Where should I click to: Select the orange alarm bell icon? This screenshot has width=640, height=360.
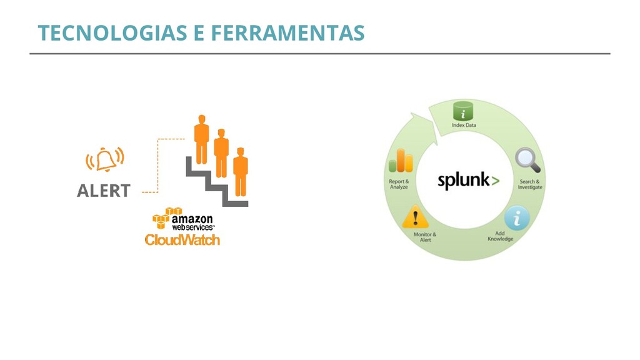point(105,160)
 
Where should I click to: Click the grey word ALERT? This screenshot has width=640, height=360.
point(104,191)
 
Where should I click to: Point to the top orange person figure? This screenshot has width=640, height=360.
point(201,139)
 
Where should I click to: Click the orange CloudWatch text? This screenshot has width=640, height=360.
point(182,240)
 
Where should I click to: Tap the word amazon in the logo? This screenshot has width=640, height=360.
point(192,219)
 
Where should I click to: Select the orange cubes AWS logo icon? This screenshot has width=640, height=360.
point(161,217)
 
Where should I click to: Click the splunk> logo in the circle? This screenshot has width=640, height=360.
point(468,181)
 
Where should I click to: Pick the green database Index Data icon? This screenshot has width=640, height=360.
point(463,111)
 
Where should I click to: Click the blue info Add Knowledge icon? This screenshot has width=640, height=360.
point(516,218)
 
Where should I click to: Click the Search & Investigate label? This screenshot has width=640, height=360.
point(530,184)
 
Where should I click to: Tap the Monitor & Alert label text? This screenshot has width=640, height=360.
point(425,237)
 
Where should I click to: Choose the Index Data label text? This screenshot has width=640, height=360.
point(464,126)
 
